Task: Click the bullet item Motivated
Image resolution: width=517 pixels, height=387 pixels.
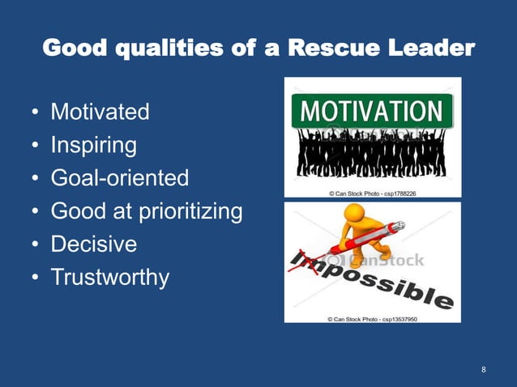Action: click(x=100, y=112)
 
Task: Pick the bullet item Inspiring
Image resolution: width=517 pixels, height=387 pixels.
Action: click(x=93, y=145)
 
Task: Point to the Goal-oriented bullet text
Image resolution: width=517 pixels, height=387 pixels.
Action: click(x=119, y=178)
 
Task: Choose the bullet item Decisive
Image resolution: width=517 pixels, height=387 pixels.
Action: click(x=94, y=245)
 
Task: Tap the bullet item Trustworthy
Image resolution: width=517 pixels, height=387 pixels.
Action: click(x=110, y=278)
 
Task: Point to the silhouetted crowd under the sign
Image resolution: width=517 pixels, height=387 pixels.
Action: click(x=372, y=154)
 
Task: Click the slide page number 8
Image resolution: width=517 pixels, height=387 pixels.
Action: click(x=484, y=370)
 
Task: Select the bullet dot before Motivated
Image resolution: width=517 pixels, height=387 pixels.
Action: click(x=36, y=113)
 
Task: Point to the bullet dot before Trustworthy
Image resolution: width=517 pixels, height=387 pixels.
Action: click(x=36, y=279)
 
